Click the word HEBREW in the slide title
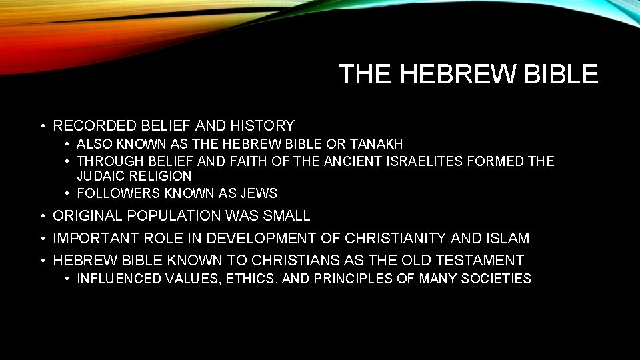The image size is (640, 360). tap(458, 74)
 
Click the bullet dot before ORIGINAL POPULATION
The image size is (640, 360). tap(42, 216)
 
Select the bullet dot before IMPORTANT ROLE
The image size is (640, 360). tap(42, 238)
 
